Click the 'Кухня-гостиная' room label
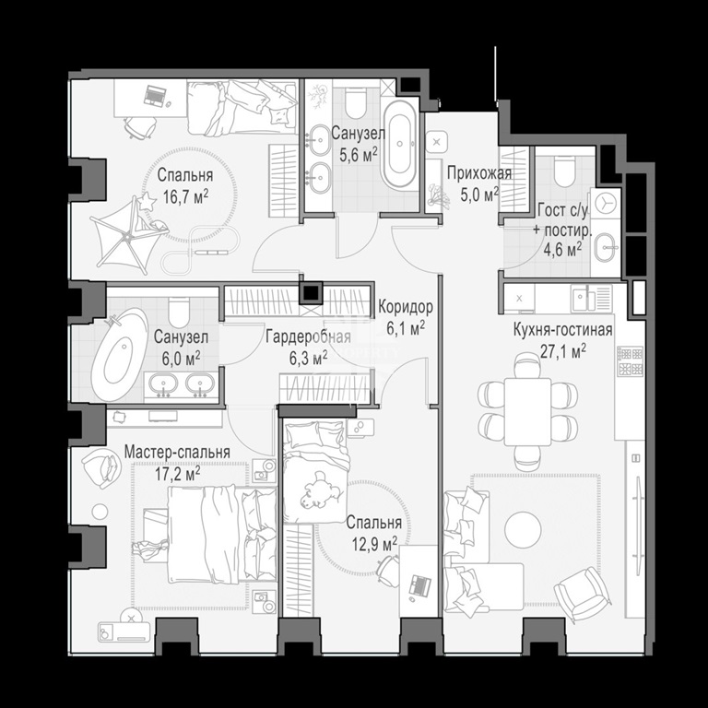(x=562, y=331)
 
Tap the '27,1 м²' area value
(x=563, y=351)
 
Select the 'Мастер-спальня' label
(x=177, y=452)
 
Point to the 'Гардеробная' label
(x=309, y=336)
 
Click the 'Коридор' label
(x=406, y=307)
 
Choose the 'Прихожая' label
(x=479, y=173)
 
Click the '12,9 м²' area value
(x=375, y=544)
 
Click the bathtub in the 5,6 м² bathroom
(x=400, y=144)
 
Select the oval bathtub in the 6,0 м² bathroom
(x=118, y=354)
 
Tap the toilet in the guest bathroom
(x=564, y=171)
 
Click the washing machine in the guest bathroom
(x=605, y=204)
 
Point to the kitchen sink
(x=584, y=298)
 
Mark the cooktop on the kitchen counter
(x=631, y=361)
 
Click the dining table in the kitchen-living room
(x=527, y=412)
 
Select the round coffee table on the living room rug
(x=523, y=530)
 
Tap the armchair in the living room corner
(x=584, y=594)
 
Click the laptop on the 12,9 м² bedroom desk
(x=419, y=585)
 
